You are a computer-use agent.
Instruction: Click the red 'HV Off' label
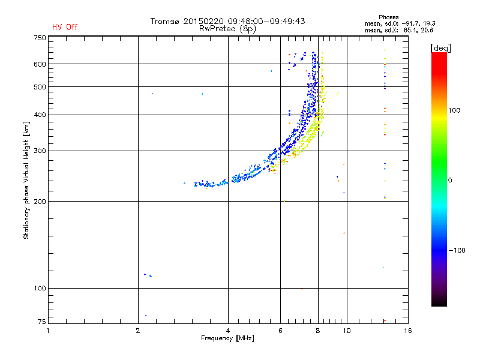pos(65,27)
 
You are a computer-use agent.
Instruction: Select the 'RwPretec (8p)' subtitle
pos(228,28)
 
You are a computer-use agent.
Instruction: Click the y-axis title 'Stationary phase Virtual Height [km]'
pos(26,180)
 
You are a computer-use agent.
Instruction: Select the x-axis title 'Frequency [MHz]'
pos(227,339)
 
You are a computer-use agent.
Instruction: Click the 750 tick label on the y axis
pos(40,38)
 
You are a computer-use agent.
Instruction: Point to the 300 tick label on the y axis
pos(40,151)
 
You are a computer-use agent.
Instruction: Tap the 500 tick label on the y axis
pos(40,87)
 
